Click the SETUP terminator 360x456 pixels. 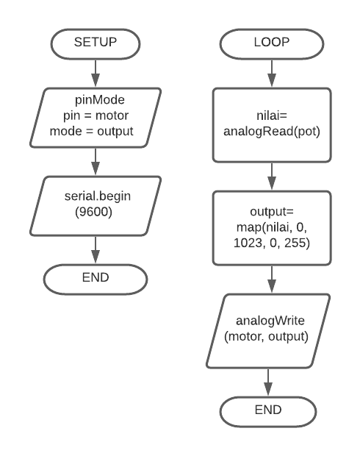coord(96,44)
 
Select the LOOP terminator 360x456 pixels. coord(272,44)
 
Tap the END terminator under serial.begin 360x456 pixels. coord(96,279)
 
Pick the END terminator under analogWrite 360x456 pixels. coord(268,412)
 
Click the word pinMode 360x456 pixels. coord(100,100)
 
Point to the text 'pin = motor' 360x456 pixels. coord(96,115)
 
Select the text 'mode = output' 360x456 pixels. coord(92,131)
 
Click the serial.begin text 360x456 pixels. coord(98,196)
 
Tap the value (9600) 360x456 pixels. coord(93,212)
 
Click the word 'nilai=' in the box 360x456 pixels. coord(272,115)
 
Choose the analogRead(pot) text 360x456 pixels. coord(272,131)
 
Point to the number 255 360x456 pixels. coord(295,243)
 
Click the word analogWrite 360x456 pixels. coord(270,321)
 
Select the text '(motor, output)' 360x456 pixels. coord(266,336)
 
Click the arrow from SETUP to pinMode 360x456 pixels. coord(96,74)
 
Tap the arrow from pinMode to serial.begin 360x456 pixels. coord(96,162)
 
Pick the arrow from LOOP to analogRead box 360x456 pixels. coord(272,74)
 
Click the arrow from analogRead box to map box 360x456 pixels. coord(272,177)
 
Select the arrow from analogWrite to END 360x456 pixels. coord(268,382)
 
